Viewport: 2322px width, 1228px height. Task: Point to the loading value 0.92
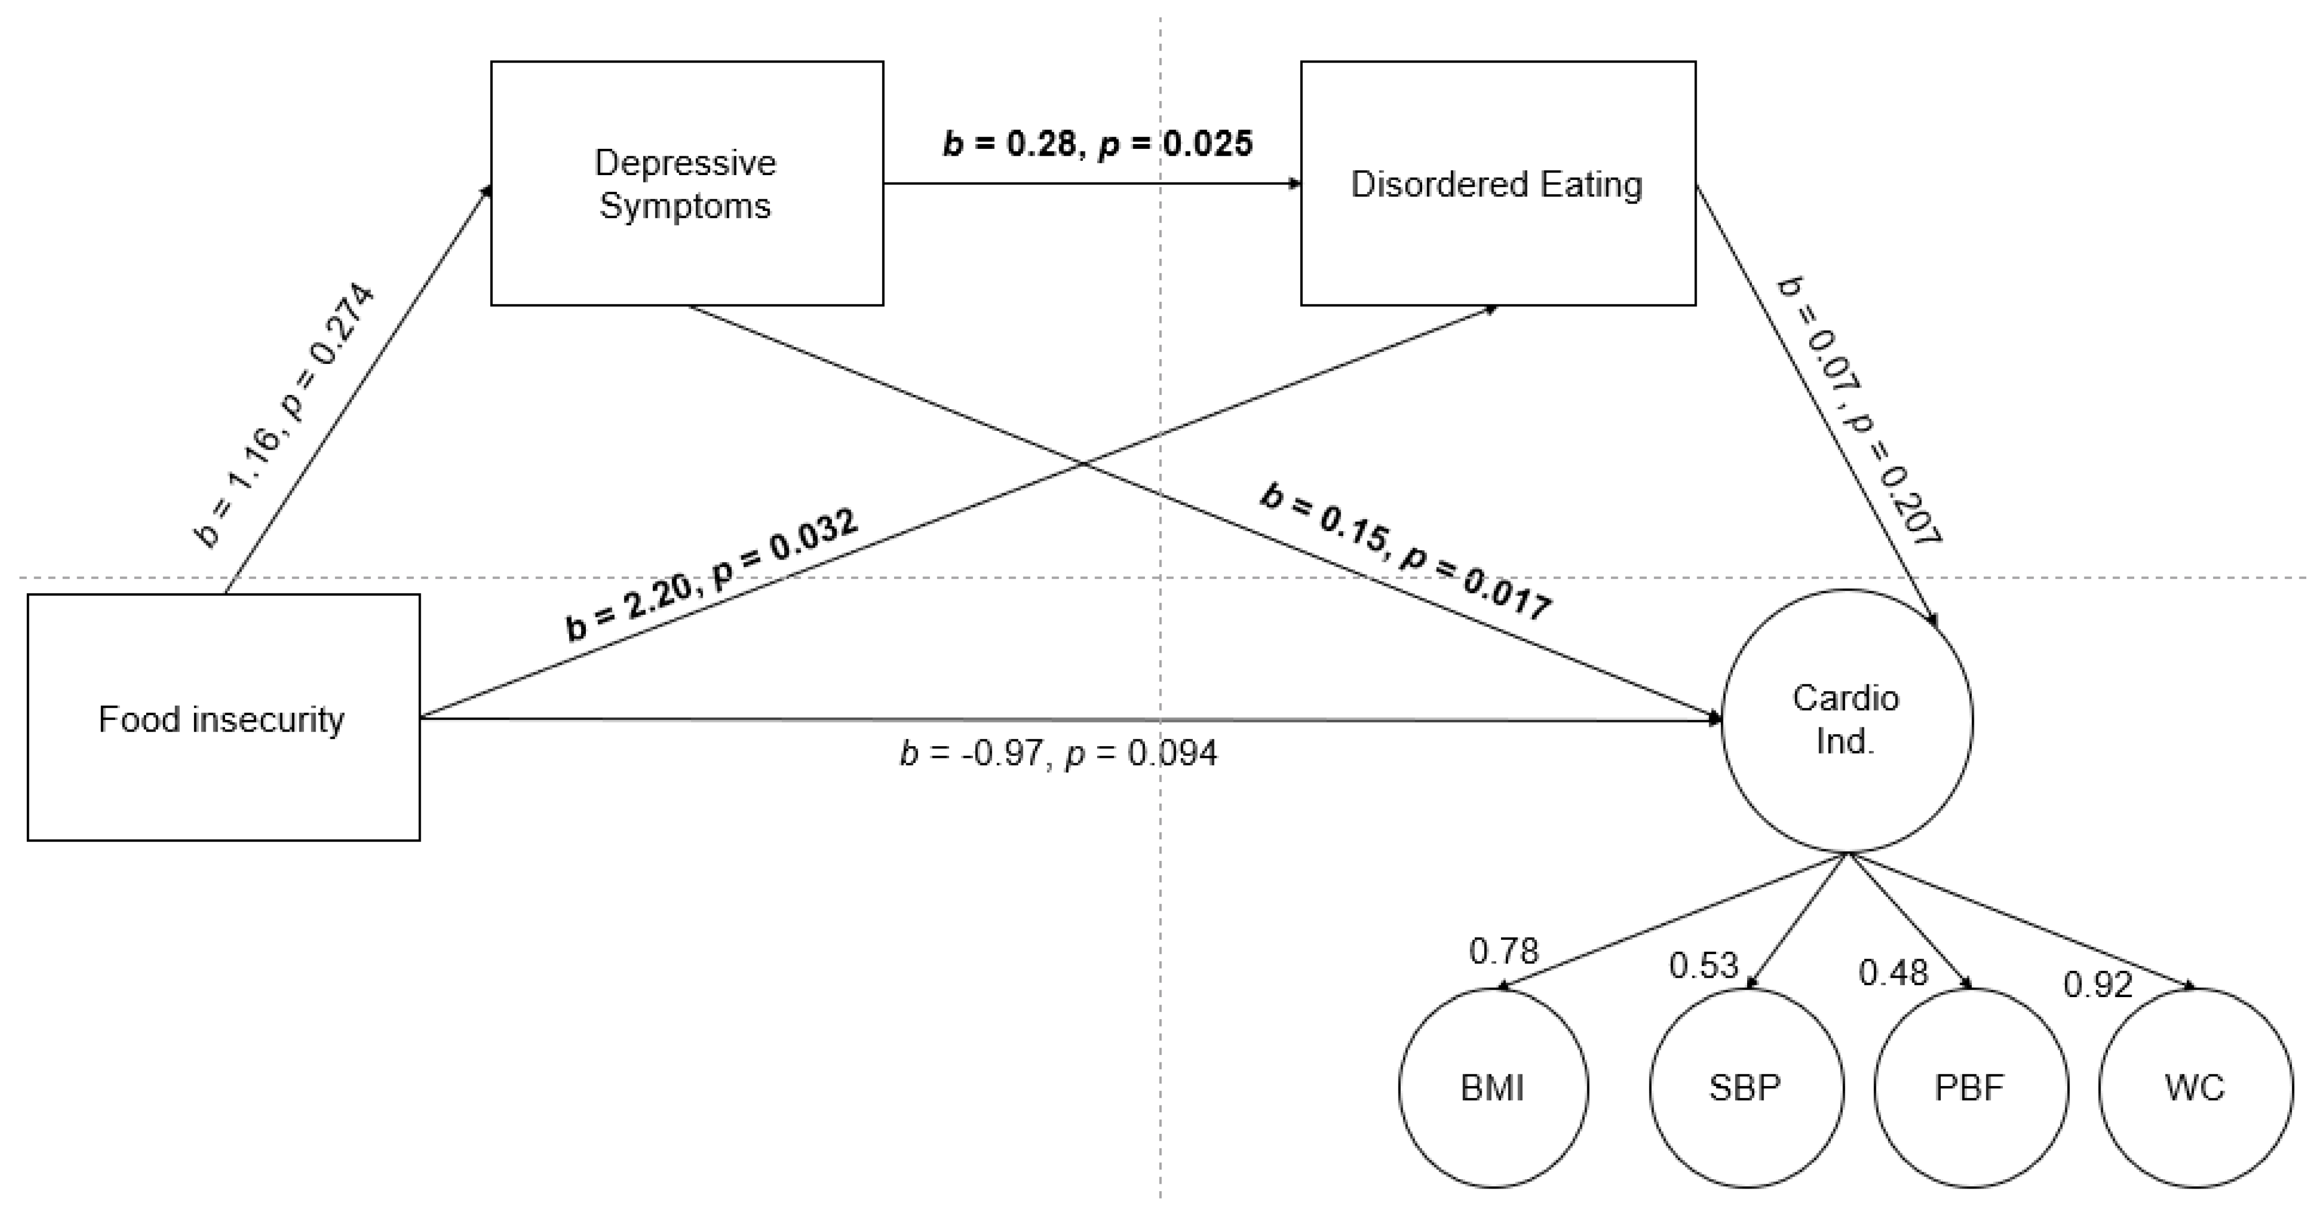click(x=2098, y=985)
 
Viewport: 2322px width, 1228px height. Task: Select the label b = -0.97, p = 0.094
click(x=1058, y=753)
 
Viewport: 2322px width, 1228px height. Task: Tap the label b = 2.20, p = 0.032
click(x=712, y=575)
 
